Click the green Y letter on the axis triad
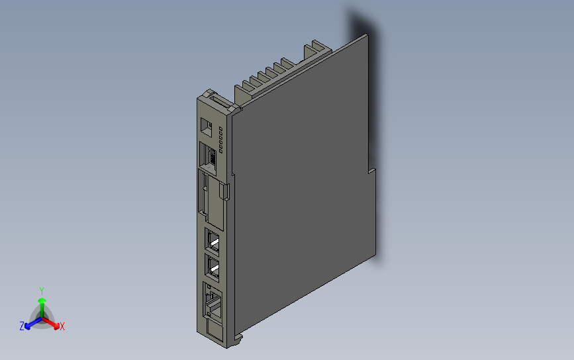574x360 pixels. coord(41,291)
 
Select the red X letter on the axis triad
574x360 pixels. coord(62,326)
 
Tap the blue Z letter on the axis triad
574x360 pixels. coord(22,326)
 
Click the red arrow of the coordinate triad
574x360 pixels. coord(55,324)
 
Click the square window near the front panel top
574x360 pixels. coord(206,126)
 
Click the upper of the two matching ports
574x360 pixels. coord(213,239)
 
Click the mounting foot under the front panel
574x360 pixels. coord(236,340)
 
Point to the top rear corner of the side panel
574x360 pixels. coord(366,36)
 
